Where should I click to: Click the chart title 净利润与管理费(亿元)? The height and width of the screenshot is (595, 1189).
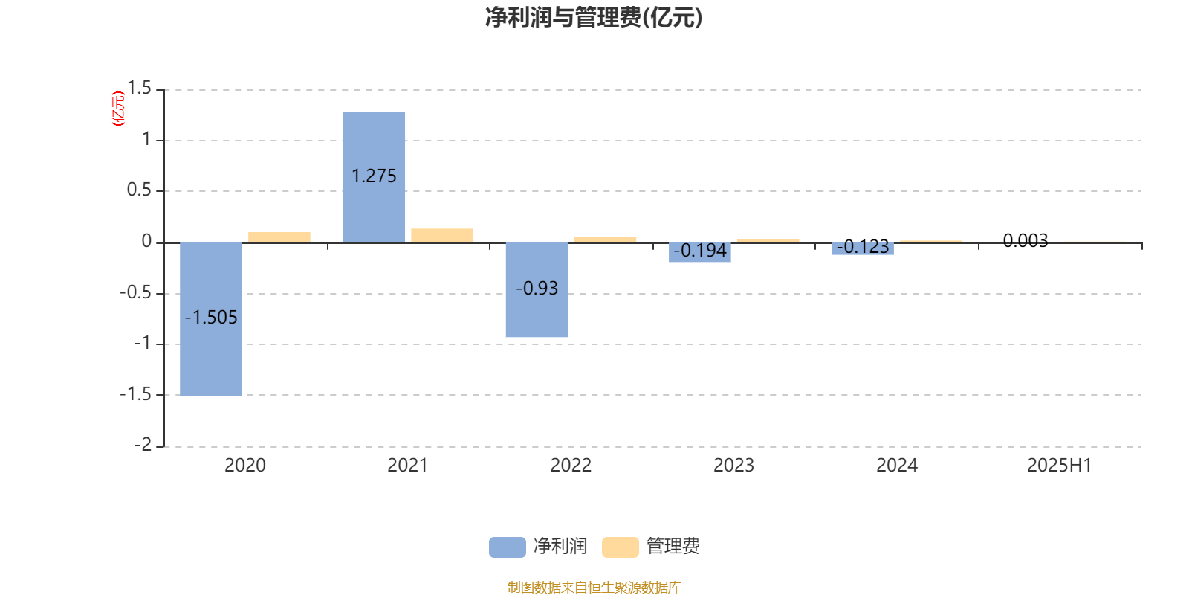[x=594, y=18]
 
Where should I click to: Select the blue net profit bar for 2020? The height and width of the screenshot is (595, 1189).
[x=211, y=319]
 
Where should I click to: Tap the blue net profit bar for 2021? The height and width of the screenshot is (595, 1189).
[x=374, y=178]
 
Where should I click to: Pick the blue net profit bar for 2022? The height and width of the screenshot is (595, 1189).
[x=537, y=289]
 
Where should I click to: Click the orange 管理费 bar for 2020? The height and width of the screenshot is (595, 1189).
[x=279, y=237]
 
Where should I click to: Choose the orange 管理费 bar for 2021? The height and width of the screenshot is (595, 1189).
[x=442, y=236]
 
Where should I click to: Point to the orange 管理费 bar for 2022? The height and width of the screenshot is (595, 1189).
[x=605, y=239]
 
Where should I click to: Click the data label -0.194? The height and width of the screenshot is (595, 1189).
[x=700, y=250]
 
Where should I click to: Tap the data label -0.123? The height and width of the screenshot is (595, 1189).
[x=863, y=246]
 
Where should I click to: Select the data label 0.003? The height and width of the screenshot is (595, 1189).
[x=1026, y=241]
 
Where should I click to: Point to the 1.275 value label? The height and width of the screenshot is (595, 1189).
[x=374, y=176]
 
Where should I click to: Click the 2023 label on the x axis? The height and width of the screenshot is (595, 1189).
[x=733, y=466]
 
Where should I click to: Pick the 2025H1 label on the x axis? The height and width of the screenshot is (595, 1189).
[x=1060, y=466]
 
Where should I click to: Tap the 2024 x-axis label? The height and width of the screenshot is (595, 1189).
[x=896, y=466]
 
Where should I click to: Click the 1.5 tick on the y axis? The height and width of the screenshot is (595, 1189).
[x=139, y=89]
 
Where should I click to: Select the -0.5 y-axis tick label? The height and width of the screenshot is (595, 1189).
[x=136, y=293]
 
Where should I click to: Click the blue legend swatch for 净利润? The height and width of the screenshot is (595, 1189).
[x=508, y=547]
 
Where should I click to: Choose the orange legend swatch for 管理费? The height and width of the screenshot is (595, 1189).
[x=620, y=547]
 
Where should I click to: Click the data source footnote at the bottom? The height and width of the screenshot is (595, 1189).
[x=594, y=587]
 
